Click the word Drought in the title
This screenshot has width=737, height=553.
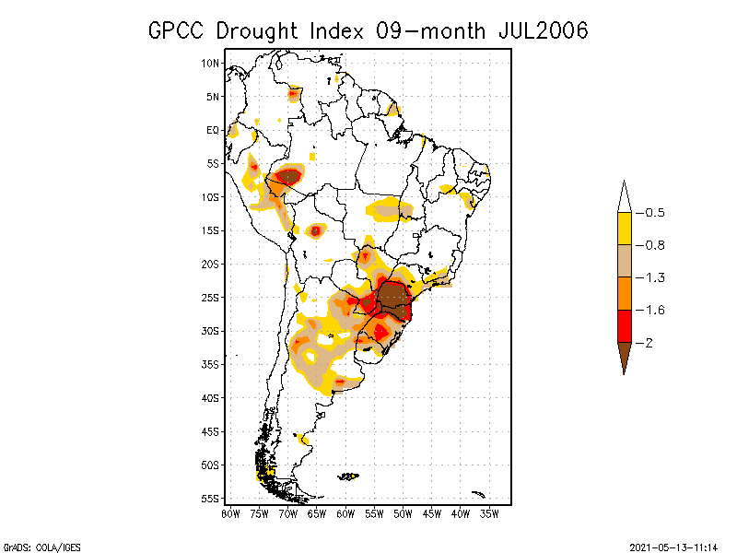point(258,30)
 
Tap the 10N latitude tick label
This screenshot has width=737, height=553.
point(211,63)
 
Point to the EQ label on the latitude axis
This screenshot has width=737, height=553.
point(213,130)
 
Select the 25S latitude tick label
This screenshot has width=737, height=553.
point(211,298)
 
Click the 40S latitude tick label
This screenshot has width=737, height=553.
point(211,398)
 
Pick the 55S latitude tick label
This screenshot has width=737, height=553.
point(211,499)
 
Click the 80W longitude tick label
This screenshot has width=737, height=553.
point(230,513)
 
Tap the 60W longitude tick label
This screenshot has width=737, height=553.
point(345,513)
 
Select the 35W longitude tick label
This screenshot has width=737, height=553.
point(489,513)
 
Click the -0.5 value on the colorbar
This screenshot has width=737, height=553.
point(654,213)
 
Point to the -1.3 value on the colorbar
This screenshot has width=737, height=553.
point(654,277)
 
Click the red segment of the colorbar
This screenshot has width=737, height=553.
point(625,325)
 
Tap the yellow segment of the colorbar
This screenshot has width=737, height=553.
point(625,229)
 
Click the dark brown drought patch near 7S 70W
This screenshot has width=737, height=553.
point(289,176)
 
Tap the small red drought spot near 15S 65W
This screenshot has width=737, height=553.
point(315,230)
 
